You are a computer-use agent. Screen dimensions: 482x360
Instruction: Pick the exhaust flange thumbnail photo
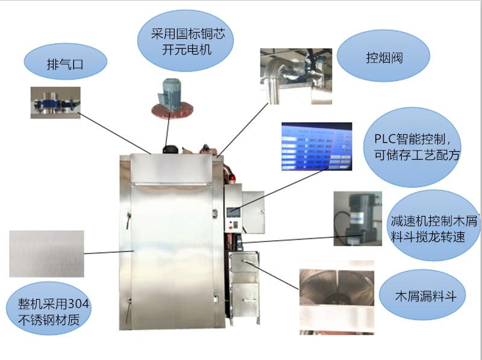click(55, 102)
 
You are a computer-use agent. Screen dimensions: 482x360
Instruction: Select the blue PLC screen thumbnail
click(316, 146)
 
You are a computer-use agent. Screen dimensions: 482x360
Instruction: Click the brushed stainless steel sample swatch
click(46, 253)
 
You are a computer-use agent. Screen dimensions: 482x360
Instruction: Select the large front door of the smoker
click(172, 253)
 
